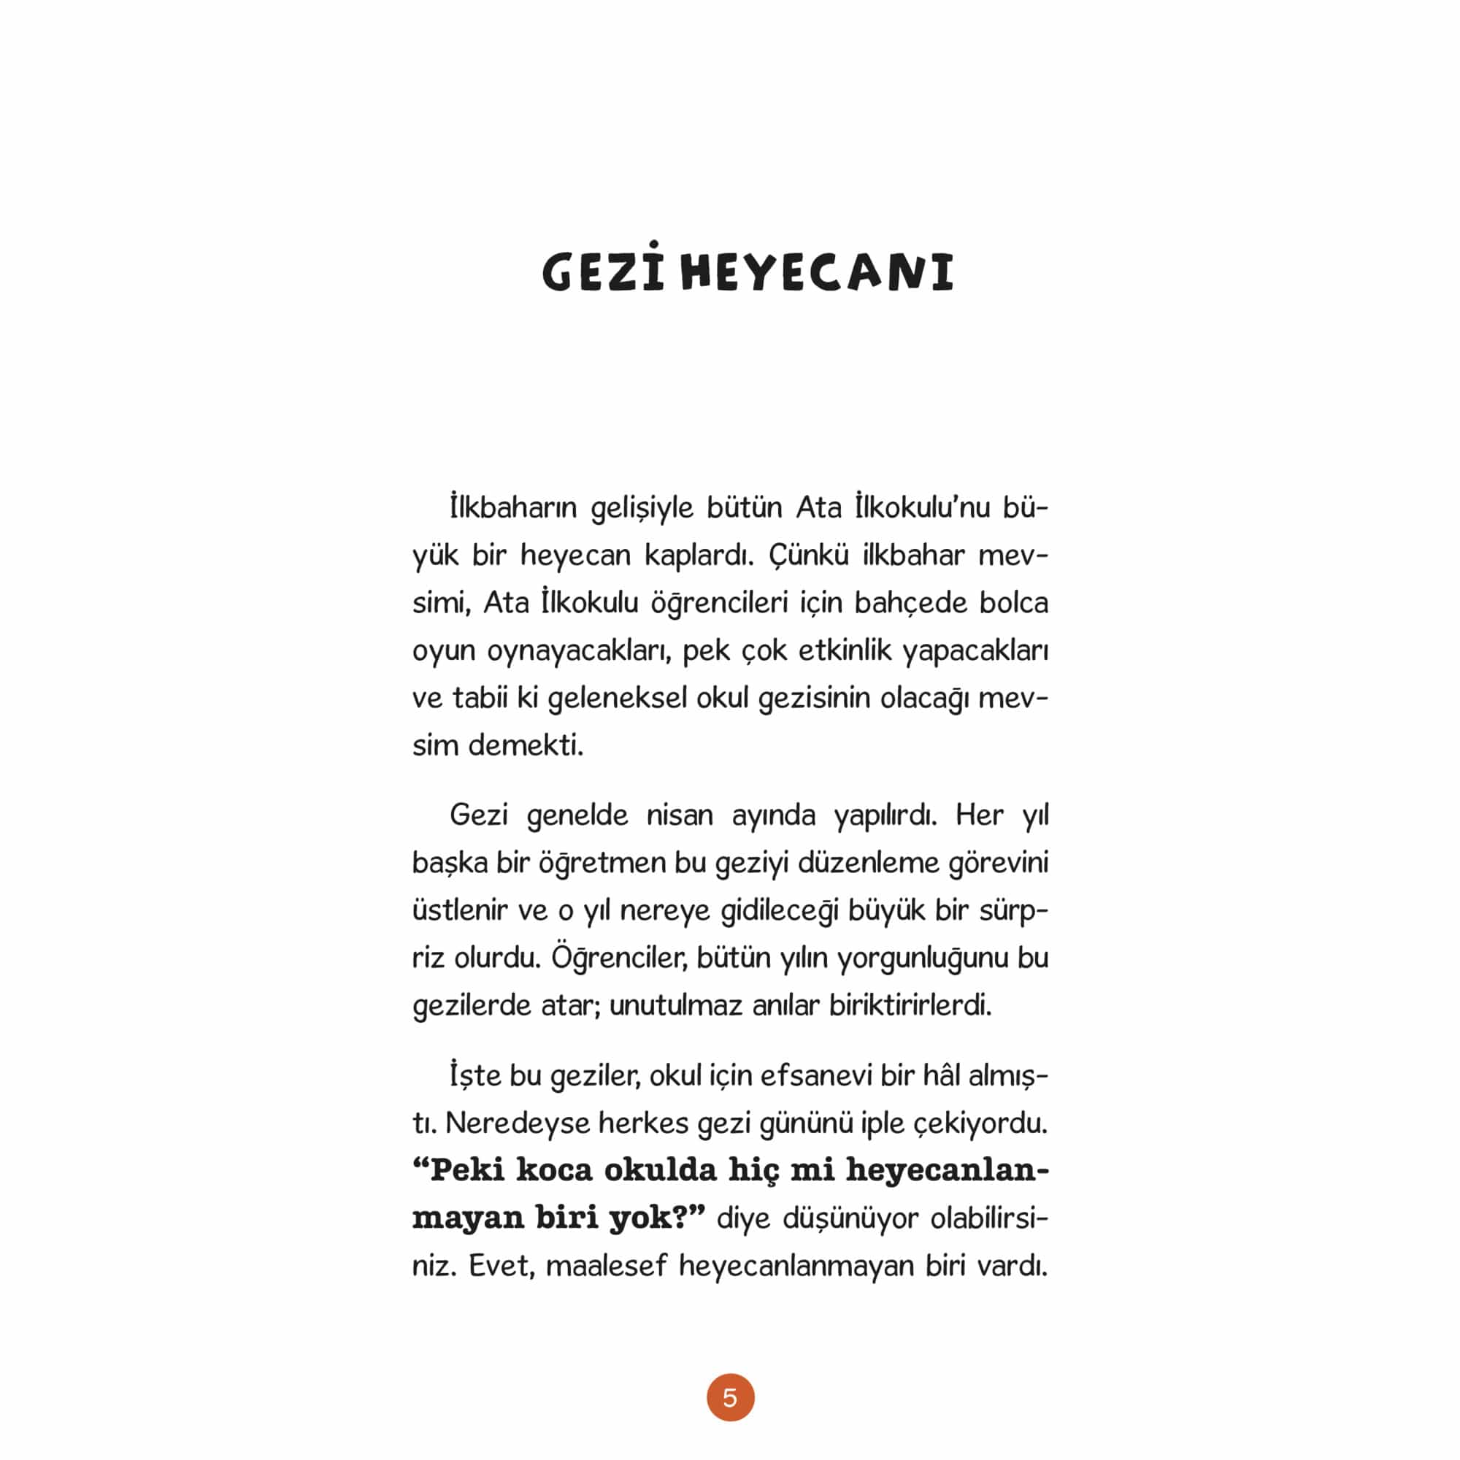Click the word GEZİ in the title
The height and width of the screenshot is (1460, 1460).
pyautogui.click(x=602, y=272)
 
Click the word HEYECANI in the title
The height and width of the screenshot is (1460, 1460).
pyautogui.click(x=817, y=273)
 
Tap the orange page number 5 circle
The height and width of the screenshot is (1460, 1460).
pyautogui.click(x=730, y=1397)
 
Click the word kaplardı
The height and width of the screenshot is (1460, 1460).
pyautogui.click(x=699, y=556)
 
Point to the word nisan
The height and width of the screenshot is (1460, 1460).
pyautogui.click(x=680, y=815)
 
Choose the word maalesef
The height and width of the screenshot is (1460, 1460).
pyautogui.click(x=607, y=1266)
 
